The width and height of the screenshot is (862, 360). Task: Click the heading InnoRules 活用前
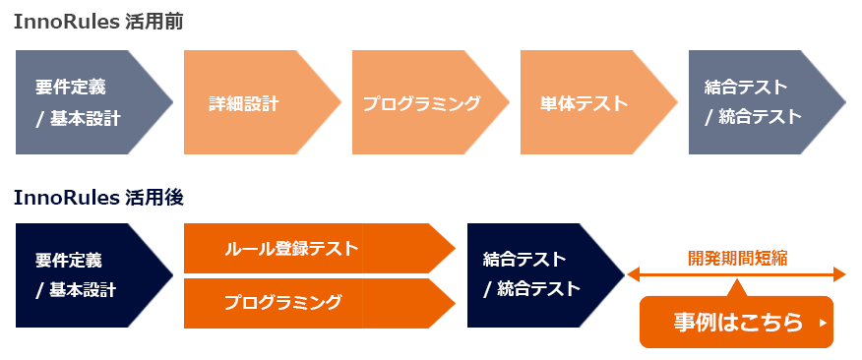tap(98, 22)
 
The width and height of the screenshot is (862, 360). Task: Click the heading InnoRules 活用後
tap(98, 197)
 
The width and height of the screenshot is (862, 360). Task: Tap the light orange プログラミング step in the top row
tap(423, 103)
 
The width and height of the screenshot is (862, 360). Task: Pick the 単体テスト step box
tap(590, 103)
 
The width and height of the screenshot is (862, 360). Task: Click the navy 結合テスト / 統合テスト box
tap(536, 275)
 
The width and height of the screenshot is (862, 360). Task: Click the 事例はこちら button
tap(736, 323)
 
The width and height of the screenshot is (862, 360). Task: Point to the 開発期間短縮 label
tap(737, 260)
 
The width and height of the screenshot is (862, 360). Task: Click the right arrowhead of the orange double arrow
tap(839, 274)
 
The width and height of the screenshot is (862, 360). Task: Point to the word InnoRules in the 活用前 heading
tap(66, 22)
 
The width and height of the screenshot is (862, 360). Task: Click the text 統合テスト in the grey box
tap(761, 117)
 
